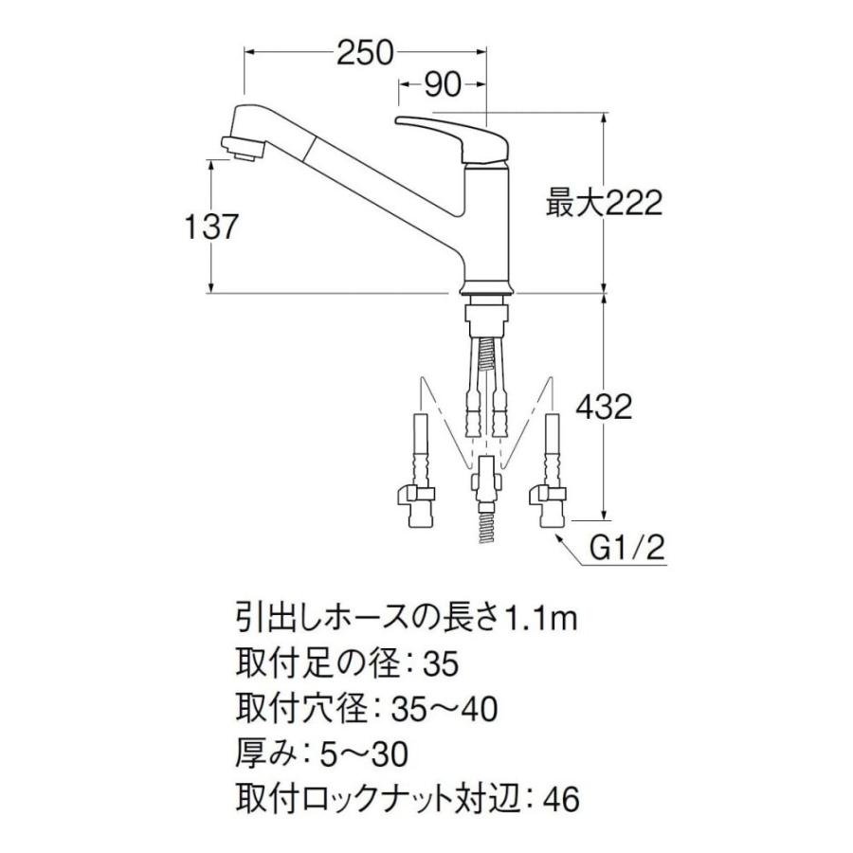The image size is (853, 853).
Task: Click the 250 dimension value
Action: (365, 53)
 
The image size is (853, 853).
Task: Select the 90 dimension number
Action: (443, 85)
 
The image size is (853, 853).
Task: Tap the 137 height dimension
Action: (210, 227)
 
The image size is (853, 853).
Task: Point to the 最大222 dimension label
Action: (604, 204)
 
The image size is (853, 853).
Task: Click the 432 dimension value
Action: (604, 407)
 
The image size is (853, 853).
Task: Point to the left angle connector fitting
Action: (417, 496)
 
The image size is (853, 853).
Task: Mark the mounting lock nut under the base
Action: (486, 317)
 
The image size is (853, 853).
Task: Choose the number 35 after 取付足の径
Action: (440, 664)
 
